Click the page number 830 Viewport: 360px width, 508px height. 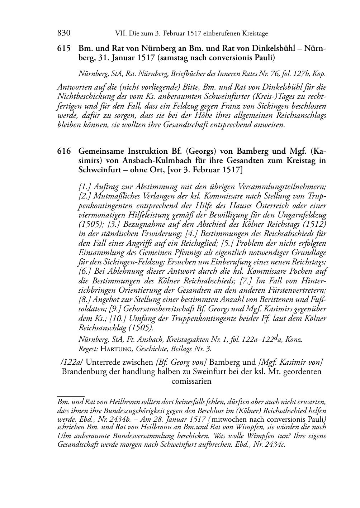(x=63, y=33)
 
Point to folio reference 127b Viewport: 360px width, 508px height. (x=303, y=74)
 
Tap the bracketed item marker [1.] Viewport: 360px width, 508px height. (x=86, y=186)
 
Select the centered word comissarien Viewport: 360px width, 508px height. (x=191, y=381)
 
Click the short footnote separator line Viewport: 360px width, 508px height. (x=71, y=396)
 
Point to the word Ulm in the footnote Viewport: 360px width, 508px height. (x=63, y=436)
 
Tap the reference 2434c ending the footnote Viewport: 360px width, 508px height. (x=275, y=445)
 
